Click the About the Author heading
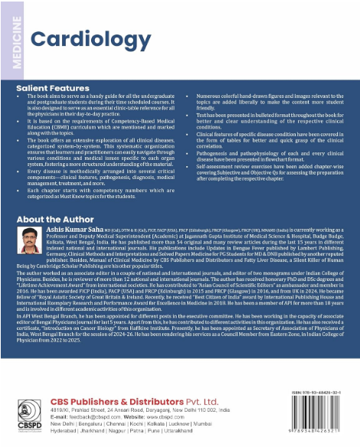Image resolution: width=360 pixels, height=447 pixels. [56, 219]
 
